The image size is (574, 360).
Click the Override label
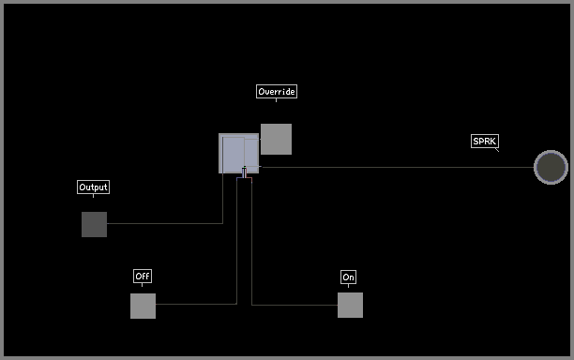coord(277,92)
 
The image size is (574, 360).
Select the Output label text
coord(94,187)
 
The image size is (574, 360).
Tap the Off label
coord(143,276)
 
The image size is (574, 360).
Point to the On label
coord(348,277)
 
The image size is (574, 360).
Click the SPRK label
coord(485,141)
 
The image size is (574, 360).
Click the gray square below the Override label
coord(276,139)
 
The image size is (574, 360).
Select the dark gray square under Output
coord(94,224)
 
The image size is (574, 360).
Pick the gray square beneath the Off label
coord(143,306)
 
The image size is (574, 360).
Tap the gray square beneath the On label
coord(350,305)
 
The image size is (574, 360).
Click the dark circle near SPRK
coord(551,167)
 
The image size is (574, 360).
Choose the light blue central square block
coord(238,154)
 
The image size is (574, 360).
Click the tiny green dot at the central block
coord(245,168)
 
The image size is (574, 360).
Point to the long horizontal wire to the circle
coord(397,167)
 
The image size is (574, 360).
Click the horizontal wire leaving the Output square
coord(165,223)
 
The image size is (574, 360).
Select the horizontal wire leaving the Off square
coord(196,304)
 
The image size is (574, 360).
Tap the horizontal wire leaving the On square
coord(295,305)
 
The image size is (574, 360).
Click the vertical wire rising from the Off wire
coord(237,241)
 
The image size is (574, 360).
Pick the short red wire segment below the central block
coord(249,178)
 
